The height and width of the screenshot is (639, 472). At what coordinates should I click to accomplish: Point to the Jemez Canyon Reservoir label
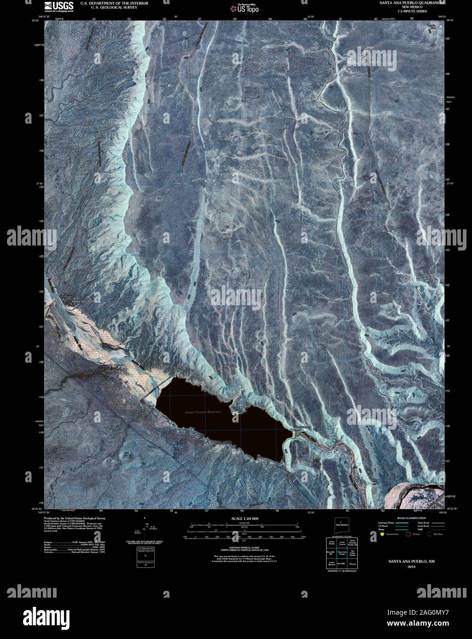pyautogui.click(x=202, y=412)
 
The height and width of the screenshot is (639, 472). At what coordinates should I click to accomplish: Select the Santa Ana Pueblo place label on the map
pyautogui.click(x=83, y=301)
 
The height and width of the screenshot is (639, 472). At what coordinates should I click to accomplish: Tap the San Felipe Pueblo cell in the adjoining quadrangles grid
pyautogui.click(x=352, y=552)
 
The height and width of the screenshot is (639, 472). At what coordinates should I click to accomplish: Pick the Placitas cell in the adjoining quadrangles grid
pyautogui.click(x=352, y=563)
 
